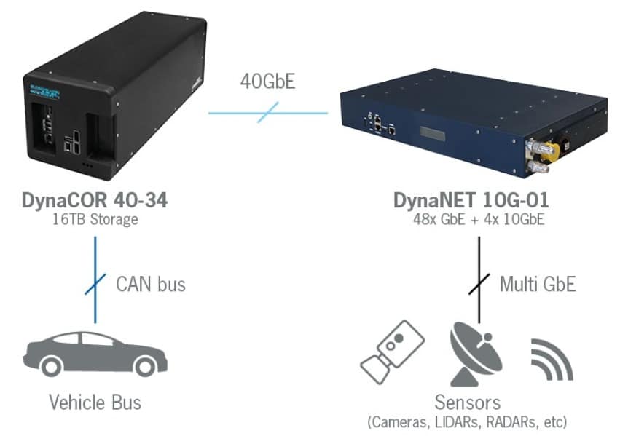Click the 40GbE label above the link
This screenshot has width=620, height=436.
[267, 81]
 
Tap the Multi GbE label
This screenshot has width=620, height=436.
[538, 283]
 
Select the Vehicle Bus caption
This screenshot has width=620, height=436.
[95, 401]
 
